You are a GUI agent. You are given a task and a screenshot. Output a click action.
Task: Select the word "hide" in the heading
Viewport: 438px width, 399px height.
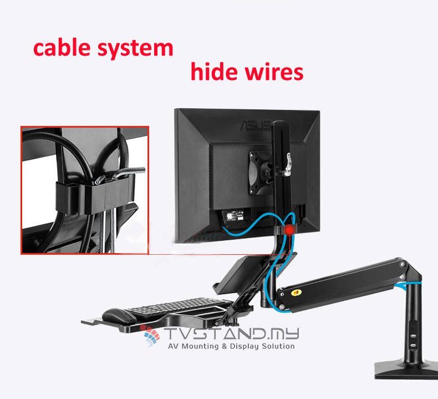point(218,72)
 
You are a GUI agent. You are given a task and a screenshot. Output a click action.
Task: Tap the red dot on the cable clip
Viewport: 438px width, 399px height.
point(289,230)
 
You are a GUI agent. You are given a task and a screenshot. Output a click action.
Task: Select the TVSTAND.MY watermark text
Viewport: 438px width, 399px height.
point(233,334)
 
